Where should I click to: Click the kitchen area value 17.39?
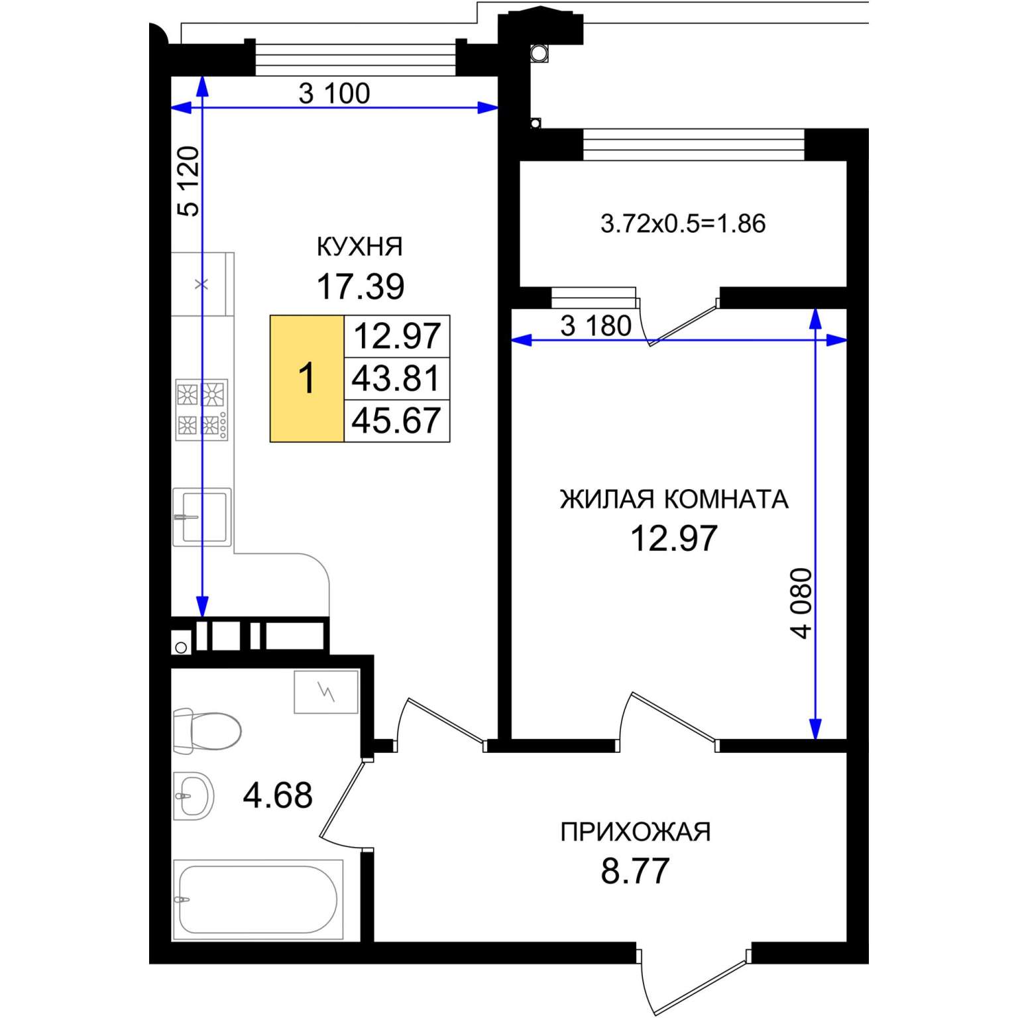(x=360, y=286)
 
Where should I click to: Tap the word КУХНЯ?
(x=360, y=247)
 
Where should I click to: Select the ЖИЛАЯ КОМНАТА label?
(x=674, y=499)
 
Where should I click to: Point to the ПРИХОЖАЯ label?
(x=636, y=831)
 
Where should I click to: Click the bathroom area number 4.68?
(x=278, y=795)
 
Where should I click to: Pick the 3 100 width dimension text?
(x=334, y=93)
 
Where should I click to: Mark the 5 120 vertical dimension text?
(x=188, y=181)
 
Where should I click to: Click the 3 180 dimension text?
(x=596, y=326)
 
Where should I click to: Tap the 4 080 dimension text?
(x=801, y=603)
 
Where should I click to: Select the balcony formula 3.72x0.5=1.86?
(x=683, y=223)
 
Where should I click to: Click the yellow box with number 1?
(x=307, y=378)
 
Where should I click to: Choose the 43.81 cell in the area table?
(x=396, y=378)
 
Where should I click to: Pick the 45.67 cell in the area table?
(x=396, y=420)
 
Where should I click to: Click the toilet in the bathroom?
(x=207, y=731)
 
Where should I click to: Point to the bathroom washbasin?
(x=194, y=795)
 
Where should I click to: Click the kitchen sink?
(x=202, y=517)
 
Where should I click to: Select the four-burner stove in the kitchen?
(x=201, y=410)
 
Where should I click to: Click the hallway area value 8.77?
(x=636, y=871)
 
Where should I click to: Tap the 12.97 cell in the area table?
(x=396, y=337)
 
